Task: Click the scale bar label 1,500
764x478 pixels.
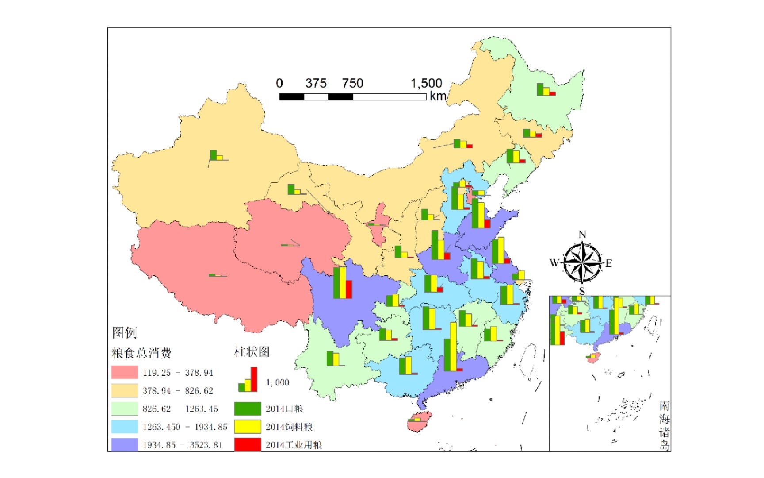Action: point(426,83)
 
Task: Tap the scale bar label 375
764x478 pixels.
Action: point(316,83)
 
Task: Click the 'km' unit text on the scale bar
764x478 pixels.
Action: point(438,96)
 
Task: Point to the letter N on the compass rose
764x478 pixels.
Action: point(582,235)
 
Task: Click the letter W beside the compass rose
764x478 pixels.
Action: point(554,262)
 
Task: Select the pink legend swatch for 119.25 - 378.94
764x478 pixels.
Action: point(124,372)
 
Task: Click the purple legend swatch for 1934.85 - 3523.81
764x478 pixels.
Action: point(124,444)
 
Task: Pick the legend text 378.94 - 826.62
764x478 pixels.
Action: point(178,391)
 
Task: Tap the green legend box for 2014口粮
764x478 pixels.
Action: point(247,409)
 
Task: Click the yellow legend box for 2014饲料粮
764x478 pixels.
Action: point(247,427)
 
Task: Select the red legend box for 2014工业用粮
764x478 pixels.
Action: point(247,444)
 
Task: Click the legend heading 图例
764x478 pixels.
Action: point(124,332)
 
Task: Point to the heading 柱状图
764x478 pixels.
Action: point(252,352)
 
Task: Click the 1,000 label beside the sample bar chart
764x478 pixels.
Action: point(277,382)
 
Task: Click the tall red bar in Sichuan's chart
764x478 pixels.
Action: point(349,289)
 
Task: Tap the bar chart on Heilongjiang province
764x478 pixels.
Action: point(545,90)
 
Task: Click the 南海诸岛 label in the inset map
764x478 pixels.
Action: point(664,425)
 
